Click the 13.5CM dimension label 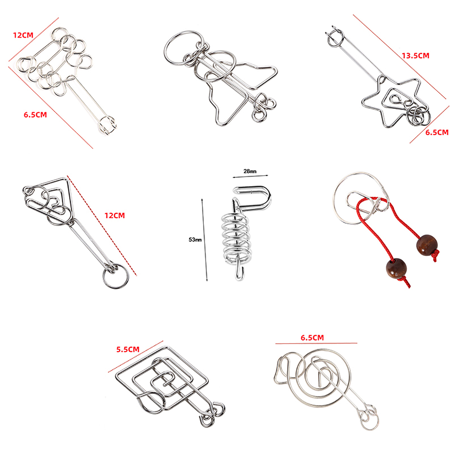pyautogui.click(x=415, y=56)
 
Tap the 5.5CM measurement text pyautogui.click(x=128, y=349)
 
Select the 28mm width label pyautogui.click(x=250, y=171)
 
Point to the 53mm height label pyautogui.click(x=195, y=240)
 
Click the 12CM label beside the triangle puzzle pyautogui.click(x=115, y=216)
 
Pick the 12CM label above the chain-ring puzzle pyautogui.click(x=23, y=35)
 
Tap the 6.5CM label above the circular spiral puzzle pyautogui.click(x=312, y=338)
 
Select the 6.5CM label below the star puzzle pyautogui.click(x=437, y=132)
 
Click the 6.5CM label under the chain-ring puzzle pyautogui.click(x=35, y=115)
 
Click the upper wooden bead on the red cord pyautogui.click(x=427, y=245)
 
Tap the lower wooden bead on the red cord pyautogui.click(x=396, y=268)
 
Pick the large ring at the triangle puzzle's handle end pyautogui.click(x=115, y=276)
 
